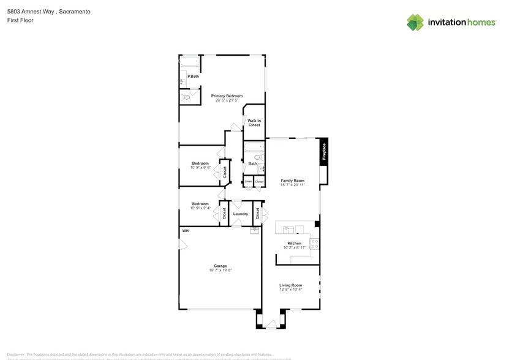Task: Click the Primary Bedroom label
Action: [x=227, y=96]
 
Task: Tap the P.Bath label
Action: [x=193, y=76]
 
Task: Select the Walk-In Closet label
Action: [x=254, y=122]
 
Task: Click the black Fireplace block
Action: [x=324, y=151]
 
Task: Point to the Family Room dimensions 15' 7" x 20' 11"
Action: [x=293, y=185]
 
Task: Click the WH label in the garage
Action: [x=184, y=231]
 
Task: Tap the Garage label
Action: [x=221, y=266]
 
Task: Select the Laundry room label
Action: [x=240, y=214]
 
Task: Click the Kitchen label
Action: [x=294, y=243]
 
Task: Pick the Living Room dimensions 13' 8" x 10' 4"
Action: [x=290, y=290]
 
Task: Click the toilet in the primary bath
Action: [x=185, y=97]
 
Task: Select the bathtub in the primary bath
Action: [x=189, y=61]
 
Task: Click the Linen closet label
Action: [x=248, y=182]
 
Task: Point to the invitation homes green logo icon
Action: [x=415, y=23]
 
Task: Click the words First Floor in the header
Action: [x=20, y=20]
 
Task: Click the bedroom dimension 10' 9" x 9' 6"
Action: [x=200, y=168]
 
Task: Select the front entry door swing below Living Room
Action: [x=271, y=324]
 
